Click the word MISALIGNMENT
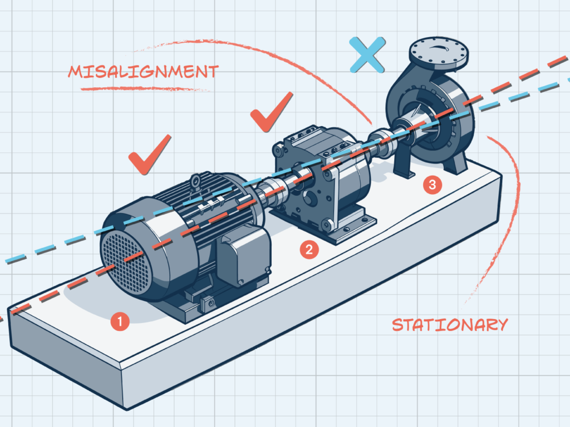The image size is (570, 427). coord(143,71)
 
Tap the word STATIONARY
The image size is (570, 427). coord(450,324)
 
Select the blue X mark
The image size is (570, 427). coord(367,54)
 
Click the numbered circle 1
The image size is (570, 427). coord(120,321)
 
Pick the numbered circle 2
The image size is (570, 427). coord(309,250)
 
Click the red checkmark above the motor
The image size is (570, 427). coord(149,154)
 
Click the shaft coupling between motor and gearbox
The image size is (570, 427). coord(277,190)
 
